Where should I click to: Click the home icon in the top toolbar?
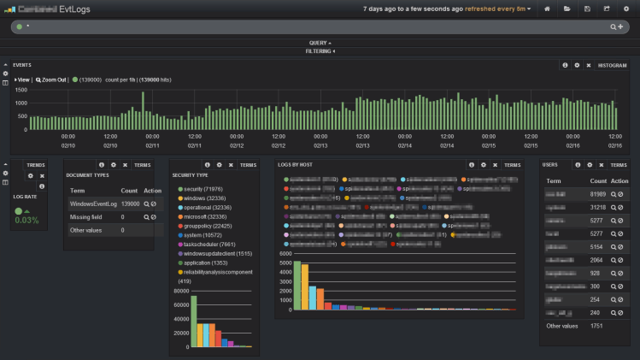tap(547, 9)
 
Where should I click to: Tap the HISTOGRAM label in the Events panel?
tap(612, 65)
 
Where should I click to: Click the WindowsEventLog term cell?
tap(92, 204)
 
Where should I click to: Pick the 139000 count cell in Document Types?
tap(130, 204)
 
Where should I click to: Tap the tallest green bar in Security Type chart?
tap(194, 321)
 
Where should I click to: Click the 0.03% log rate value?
tap(26, 220)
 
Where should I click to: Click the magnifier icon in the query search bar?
tap(613, 27)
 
